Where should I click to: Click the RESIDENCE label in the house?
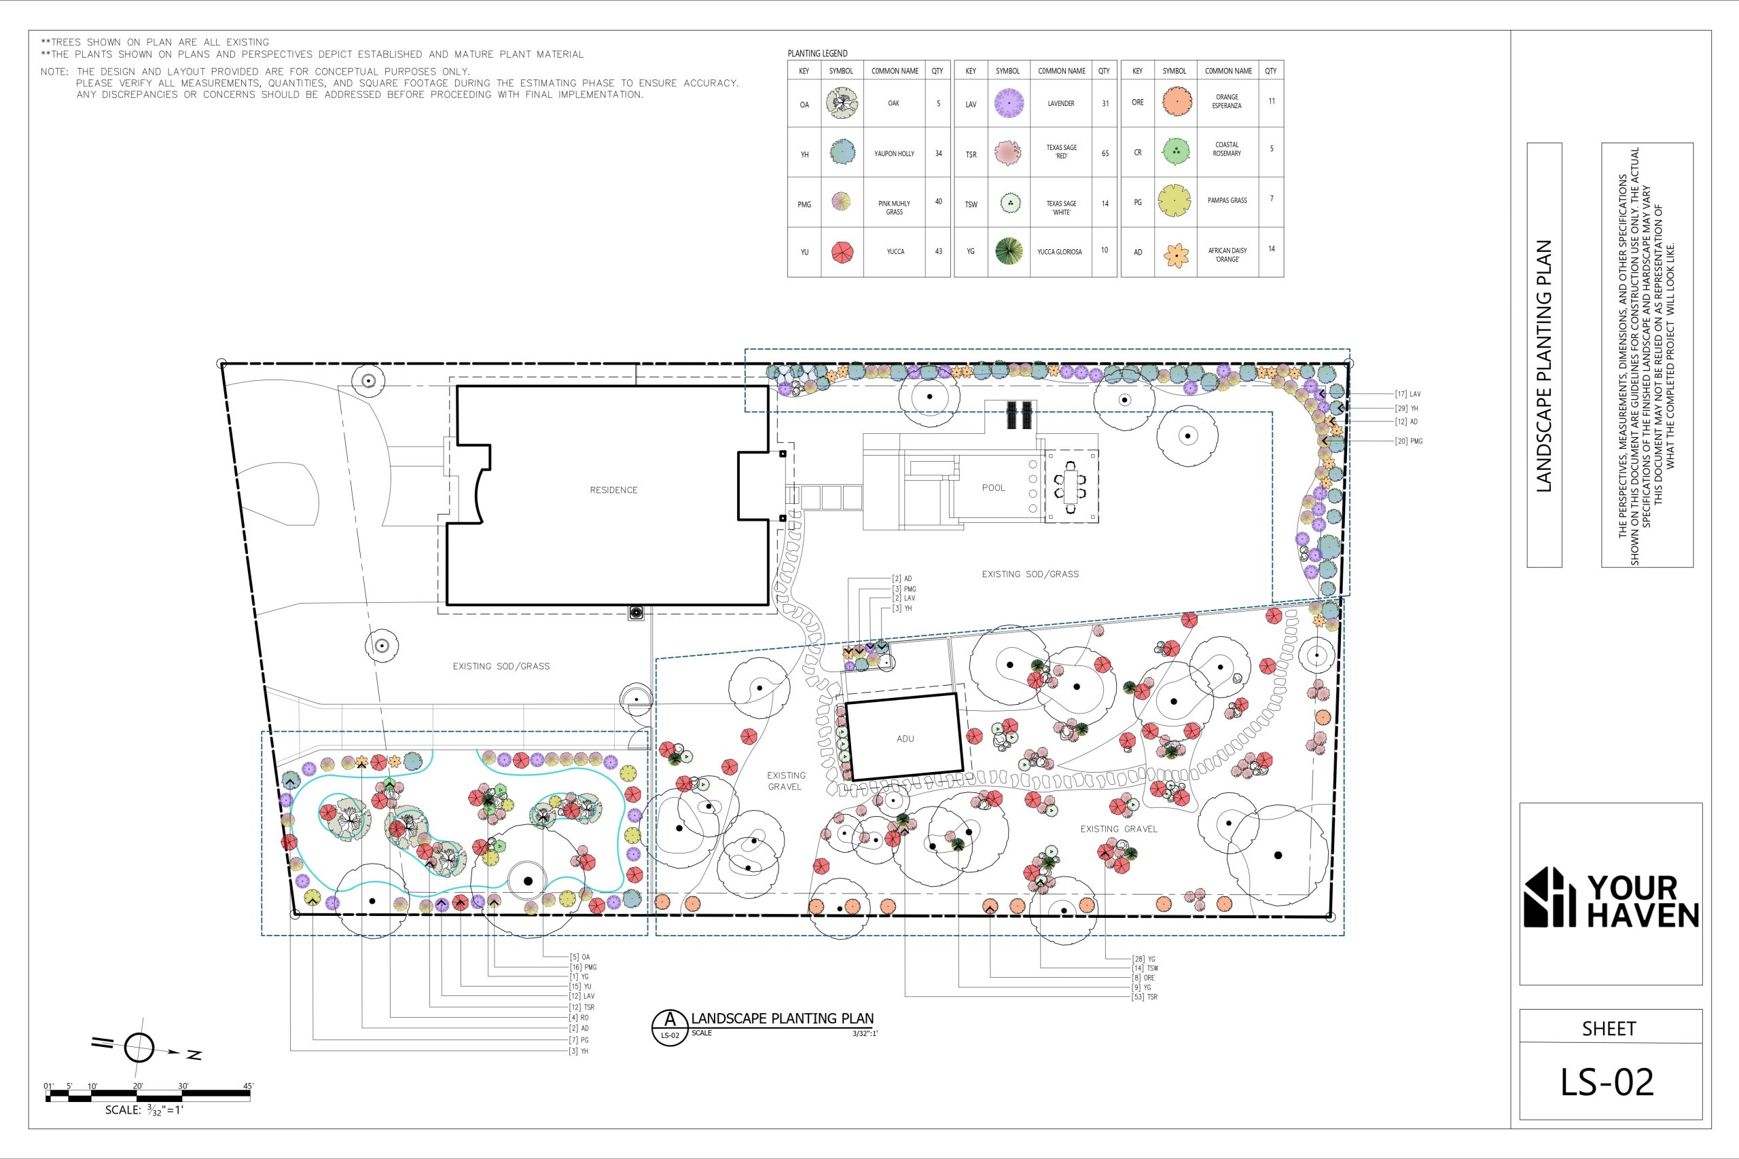coord(613,490)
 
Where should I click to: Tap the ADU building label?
coord(905,739)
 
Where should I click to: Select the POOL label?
coord(994,488)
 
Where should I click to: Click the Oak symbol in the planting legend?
coord(842,103)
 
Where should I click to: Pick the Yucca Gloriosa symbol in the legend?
coord(1009,251)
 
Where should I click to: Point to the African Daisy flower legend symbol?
coord(1176,256)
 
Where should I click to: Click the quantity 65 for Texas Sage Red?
coord(1105,153)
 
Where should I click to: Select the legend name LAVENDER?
coord(1061,103)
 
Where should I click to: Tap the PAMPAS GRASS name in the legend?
coord(1227,200)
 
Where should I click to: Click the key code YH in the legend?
coord(804,155)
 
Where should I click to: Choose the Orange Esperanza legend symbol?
coord(1176,102)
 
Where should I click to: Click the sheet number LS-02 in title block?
coord(1607,1082)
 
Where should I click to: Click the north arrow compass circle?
coord(139,1048)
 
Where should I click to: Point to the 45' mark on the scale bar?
coord(249,1086)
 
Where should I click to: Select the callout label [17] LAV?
coord(1408,394)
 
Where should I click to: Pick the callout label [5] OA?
coord(579,957)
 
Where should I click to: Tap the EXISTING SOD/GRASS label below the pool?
coord(1030,574)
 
